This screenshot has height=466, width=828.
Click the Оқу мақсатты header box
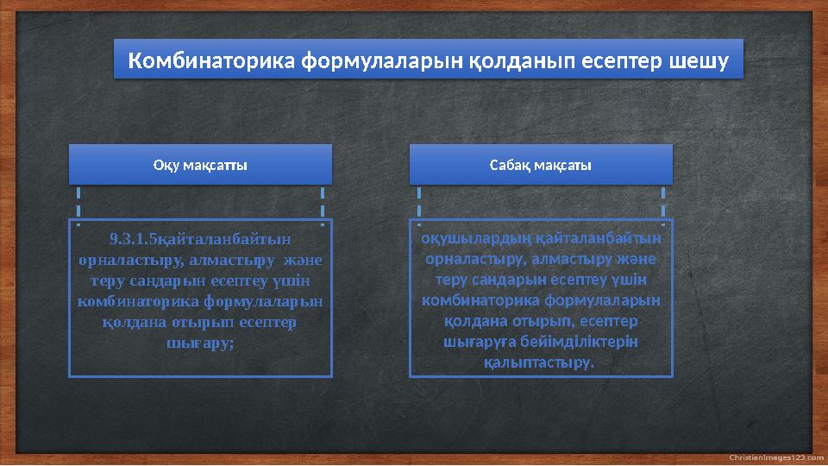point(200,165)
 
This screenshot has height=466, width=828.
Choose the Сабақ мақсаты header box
point(540,165)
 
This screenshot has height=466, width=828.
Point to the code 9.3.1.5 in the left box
point(129,238)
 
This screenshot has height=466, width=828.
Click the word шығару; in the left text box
point(199,342)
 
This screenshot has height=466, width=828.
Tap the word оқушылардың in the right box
point(475,237)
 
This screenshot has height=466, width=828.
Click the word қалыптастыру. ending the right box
point(540,362)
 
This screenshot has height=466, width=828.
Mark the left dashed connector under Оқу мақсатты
point(78,205)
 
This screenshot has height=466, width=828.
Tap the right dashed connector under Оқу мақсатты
point(323,205)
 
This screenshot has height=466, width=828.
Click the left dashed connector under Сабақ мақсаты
point(418,205)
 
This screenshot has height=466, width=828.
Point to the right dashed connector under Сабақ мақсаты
point(663,205)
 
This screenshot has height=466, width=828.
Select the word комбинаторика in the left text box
point(138,300)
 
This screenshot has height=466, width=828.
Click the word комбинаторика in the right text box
point(477,299)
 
